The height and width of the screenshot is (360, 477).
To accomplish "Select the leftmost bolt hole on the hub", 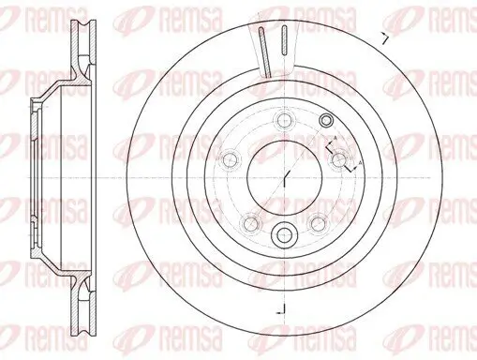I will tap(228, 157).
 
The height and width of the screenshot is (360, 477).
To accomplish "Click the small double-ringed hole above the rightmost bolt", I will tap(326, 121).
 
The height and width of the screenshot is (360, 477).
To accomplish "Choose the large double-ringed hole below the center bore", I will tap(285, 234).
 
